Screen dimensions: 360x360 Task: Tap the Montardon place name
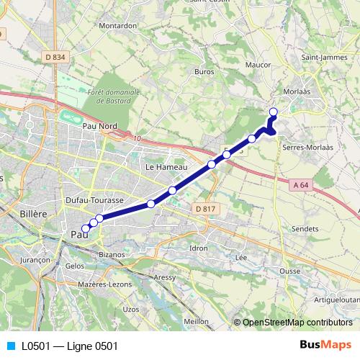[x=119, y=25]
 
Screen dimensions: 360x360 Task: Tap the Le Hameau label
[x=161, y=166]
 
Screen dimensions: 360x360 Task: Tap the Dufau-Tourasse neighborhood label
[x=94, y=199]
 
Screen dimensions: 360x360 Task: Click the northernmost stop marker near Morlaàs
[x=274, y=112]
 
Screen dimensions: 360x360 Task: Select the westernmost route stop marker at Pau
[x=86, y=228]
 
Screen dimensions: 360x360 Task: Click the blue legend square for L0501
[x=10, y=346]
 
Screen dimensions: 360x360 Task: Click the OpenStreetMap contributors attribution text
[x=297, y=323]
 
